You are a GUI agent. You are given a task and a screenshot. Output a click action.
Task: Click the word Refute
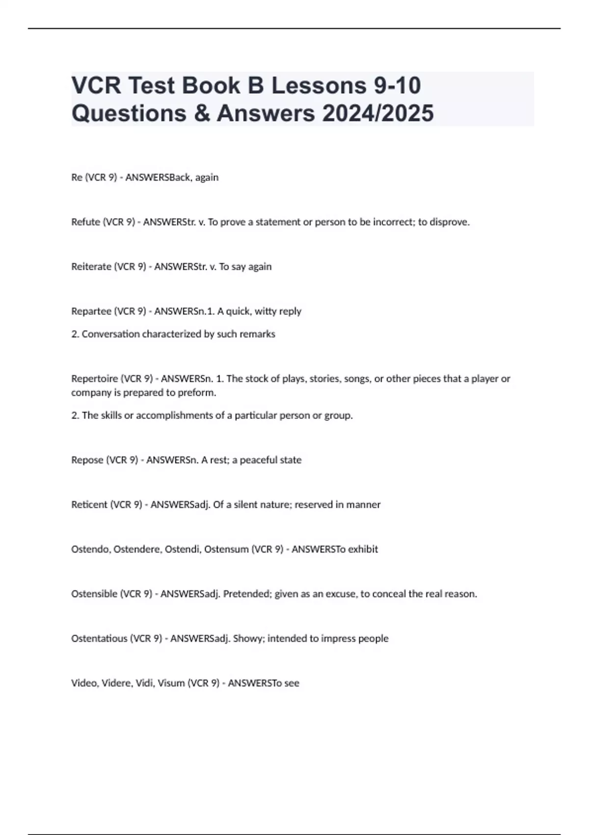[86, 222]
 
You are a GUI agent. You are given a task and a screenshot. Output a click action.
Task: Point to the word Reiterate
[91, 267]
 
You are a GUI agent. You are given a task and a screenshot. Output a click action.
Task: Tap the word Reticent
[89, 505]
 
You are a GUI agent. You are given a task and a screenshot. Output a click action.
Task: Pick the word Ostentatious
[99, 639]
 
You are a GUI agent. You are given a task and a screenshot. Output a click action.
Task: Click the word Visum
[171, 683]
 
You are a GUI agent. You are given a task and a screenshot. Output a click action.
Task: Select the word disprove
[450, 222]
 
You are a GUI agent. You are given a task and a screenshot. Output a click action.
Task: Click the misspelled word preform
[199, 393]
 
